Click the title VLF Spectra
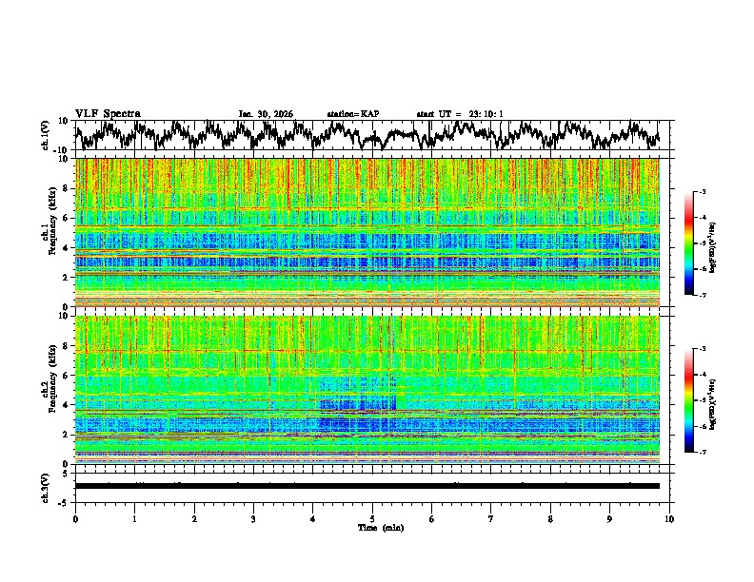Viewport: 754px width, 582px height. (108, 113)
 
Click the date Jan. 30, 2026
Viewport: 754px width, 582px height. (266, 114)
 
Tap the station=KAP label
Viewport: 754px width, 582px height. (353, 114)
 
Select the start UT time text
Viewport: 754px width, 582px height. (460, 114)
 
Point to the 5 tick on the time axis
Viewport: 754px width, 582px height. (372, 518)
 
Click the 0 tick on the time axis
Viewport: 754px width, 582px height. (75, 518)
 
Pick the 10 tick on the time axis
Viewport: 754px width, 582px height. (669, 518)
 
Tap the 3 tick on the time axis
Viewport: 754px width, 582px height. (253, 518)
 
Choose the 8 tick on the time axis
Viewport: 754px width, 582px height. (550, 518)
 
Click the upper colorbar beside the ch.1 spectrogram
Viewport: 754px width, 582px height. (689, 243)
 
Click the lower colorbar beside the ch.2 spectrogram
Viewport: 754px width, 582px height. (689, 400)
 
